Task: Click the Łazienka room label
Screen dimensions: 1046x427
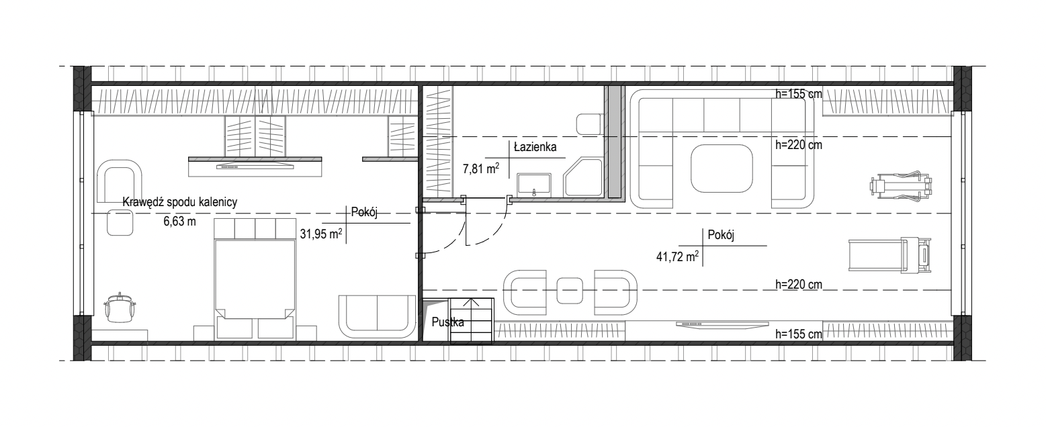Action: click(x=535, y=147)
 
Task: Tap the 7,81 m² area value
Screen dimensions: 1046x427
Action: click(x=481, y=168)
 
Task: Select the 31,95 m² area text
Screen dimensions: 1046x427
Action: click(x=321, y=234)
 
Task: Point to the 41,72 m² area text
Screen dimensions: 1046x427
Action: click(x=678, y=256)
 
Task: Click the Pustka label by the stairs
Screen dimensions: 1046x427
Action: click(x=448, y=322)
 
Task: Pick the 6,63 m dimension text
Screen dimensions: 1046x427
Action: click(x=180, y=221)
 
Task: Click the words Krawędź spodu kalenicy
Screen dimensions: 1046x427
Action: click(x=180, y=202)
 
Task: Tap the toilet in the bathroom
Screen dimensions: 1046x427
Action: click(x=589, y=124)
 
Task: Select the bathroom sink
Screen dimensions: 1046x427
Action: click(x=534, y=185)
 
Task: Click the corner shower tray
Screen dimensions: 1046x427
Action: click(x=583, y=178)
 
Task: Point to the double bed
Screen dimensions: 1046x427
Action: click(x=255, y=278)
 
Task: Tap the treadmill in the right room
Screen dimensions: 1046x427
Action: click(x=890, y=256)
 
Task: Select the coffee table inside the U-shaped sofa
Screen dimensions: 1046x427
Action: click(x=722, y=169)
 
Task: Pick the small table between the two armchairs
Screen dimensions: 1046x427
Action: click(x=570, y=290)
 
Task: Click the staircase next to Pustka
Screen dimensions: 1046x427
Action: click(x=472, y=321)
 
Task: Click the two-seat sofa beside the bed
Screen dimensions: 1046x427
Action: click(x=377, y=316)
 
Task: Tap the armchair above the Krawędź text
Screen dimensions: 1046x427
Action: click(x=120, y=181)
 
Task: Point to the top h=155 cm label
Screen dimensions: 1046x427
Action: click(x=799, y=94)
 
